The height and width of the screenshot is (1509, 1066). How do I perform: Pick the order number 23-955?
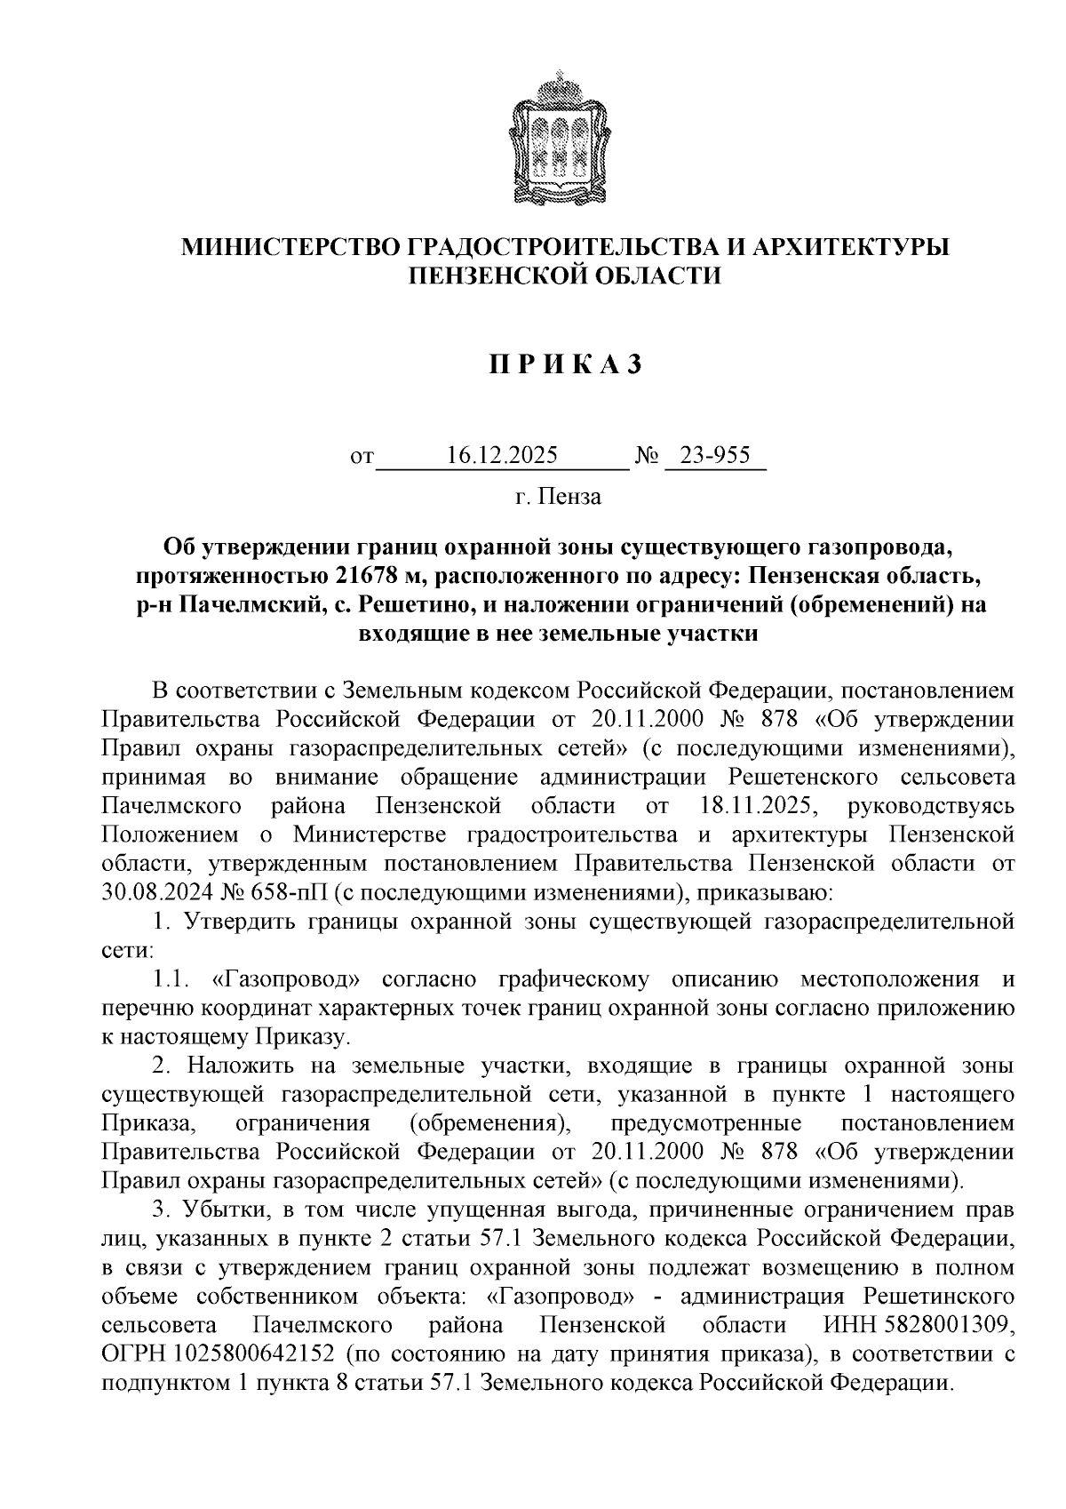point(714,456)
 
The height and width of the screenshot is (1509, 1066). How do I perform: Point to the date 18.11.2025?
point(752,806)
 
